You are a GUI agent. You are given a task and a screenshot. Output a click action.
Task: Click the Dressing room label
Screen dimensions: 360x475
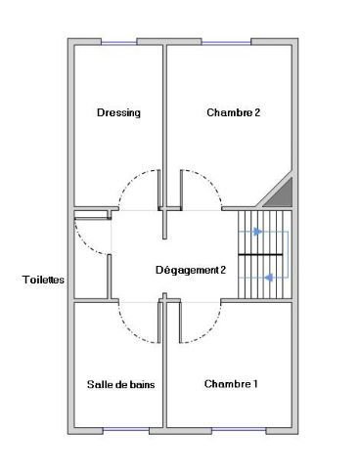[x=118, y=113]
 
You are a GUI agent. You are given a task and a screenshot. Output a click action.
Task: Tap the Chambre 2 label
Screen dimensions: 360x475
[x=234, y=112]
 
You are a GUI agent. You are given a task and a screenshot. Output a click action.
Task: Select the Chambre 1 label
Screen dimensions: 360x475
[x=231, y=384]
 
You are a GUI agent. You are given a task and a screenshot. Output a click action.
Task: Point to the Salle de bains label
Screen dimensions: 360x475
[x=120, y=384]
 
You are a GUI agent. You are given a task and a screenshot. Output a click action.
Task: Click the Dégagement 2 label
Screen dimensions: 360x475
[x=191, y=271]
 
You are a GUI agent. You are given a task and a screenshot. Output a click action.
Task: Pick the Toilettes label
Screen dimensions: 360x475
[x=43, y=280]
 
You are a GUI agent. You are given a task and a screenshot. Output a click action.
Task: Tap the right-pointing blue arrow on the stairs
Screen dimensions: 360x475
[x=257, y=232]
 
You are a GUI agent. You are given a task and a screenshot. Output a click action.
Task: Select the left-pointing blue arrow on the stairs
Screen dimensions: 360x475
[x=269, y=278]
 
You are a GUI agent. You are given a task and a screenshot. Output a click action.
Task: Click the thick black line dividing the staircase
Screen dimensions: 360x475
[x=260, y=254]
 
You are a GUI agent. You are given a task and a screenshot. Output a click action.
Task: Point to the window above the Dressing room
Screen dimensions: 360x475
[x=118, y=43]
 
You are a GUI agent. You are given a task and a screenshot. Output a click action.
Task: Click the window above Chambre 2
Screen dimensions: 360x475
[x=226, y=43]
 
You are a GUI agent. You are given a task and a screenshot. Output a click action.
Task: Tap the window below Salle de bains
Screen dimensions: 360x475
[x=126, y=430]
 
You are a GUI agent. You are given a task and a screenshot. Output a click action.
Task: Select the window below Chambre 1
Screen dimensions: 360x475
[x=239, y=430]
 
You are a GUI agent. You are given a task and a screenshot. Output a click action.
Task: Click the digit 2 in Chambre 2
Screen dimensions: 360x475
[x=257, y=112]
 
